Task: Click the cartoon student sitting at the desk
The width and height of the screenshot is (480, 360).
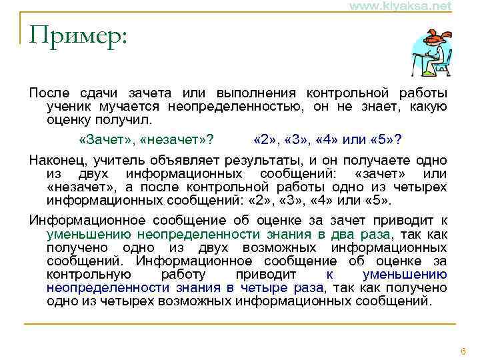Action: click(429, 52)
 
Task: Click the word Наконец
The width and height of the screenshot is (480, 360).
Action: click(54, 159)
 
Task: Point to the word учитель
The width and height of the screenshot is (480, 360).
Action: click(114, 159)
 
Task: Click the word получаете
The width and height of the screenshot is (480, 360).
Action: click(373, 159)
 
